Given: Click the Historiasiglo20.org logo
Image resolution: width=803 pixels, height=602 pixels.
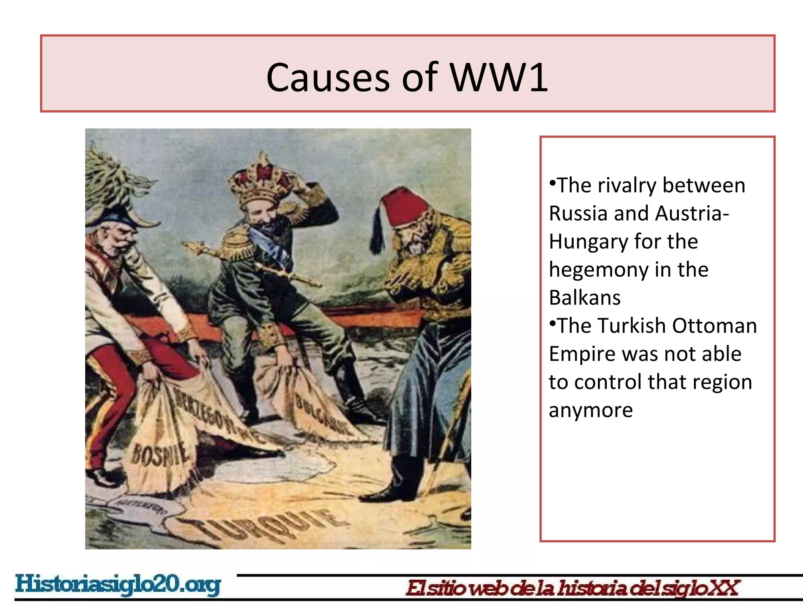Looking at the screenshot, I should tap(118, 585).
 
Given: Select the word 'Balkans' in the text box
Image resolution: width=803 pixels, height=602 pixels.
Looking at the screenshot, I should tap(585, 298).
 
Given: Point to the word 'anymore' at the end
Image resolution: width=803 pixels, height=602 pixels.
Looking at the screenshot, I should tap(590, 410).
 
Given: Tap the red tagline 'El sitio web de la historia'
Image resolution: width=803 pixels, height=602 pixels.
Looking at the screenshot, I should tap(572, 588).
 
